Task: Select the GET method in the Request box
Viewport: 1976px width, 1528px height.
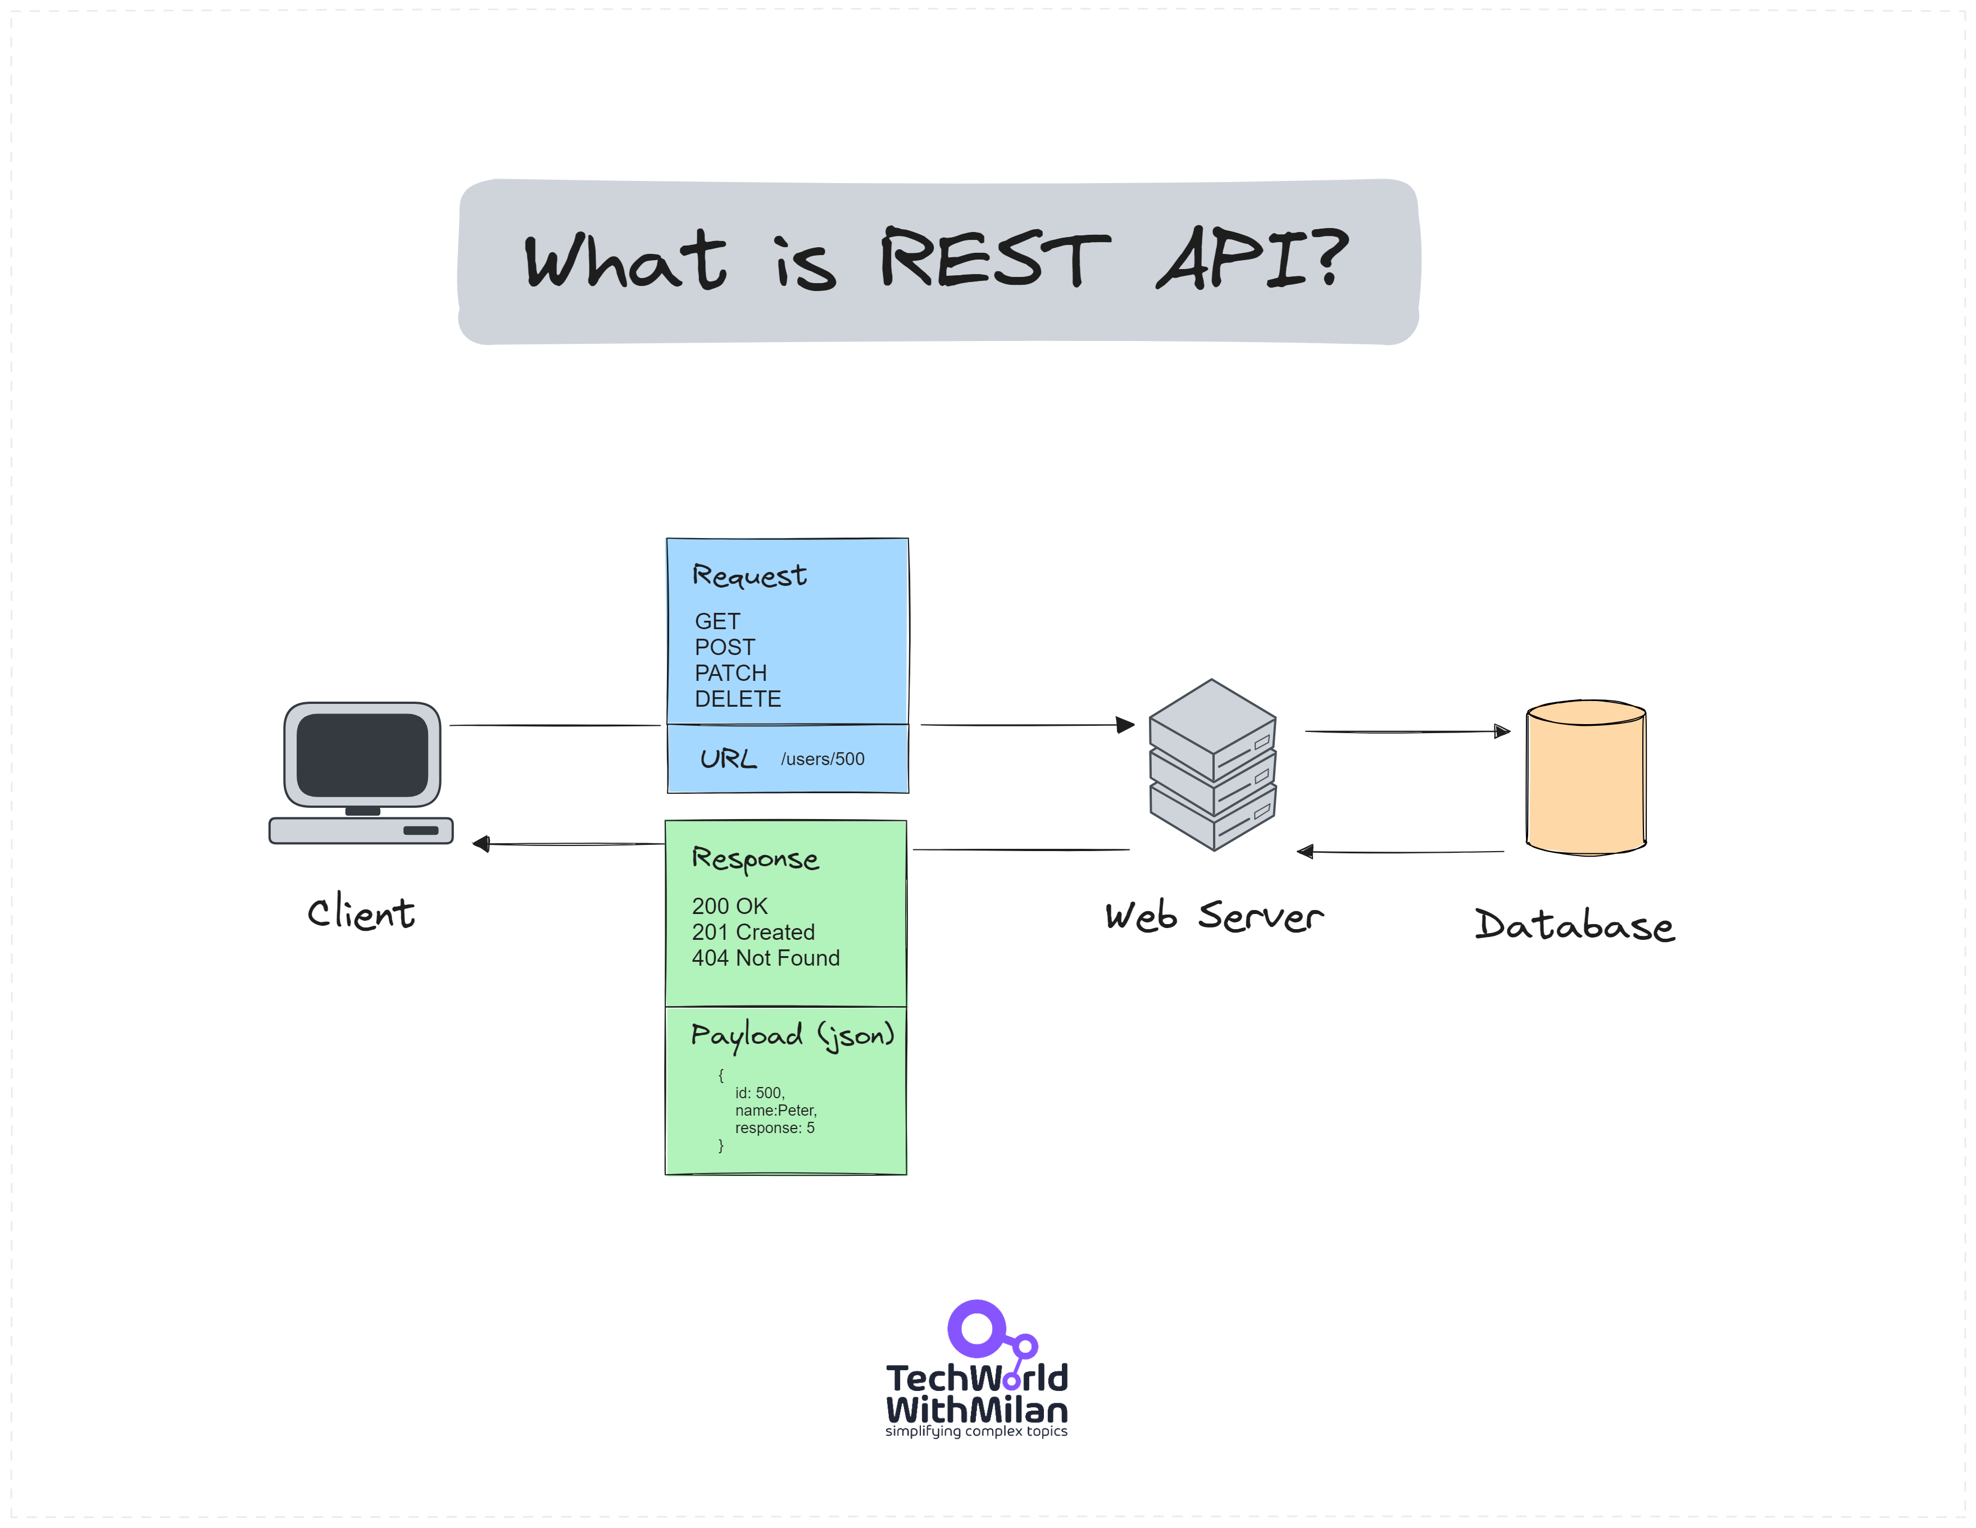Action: (x=716, y=621)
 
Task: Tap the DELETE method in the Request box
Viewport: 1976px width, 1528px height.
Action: (x=737, y=699)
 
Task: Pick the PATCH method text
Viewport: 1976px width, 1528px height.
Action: (x=730, y=673)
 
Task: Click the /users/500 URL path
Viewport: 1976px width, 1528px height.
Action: (x=823, y=759)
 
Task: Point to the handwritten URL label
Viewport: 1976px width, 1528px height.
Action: (x=728, y=758)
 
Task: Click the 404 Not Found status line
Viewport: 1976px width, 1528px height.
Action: (x=765, y=958)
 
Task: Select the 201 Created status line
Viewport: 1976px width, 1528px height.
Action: (x=753, y=932)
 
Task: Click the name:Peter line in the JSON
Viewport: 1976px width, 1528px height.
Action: (x=775, y=1110)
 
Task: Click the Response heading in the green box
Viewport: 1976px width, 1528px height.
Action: (x=755, y=858)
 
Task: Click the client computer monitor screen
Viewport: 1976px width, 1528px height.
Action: (x=362, y=754)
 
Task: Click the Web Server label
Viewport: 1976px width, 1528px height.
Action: (x=1213, y=916)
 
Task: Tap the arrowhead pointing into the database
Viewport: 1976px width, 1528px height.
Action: (x=1502, y=731)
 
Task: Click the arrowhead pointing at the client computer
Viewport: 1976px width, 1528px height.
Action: (x=480, y=844)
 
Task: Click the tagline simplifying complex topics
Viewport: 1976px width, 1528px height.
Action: (x=976, y=1431)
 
